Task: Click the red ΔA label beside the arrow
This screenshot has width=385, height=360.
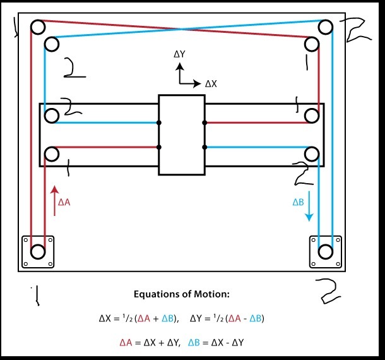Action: click(64, 202)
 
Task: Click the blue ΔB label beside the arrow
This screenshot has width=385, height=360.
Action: click(298, 202)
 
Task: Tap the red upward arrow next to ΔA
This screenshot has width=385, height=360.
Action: click(54, 201)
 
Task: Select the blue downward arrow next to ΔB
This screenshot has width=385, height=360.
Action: click(309, 207)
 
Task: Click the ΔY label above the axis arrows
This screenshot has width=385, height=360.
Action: click(179, 54)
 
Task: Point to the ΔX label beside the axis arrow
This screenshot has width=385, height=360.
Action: click(211, 84)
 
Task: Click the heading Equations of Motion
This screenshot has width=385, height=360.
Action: click(181, 294)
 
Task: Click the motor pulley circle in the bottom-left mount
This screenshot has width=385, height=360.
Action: click(38, 251)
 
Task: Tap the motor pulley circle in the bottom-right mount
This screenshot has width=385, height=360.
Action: click(325, 251)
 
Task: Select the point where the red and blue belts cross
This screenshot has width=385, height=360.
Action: click(182, 29)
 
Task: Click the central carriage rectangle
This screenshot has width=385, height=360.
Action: click(182, 135)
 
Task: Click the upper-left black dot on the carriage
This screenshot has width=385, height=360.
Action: click(159, 123)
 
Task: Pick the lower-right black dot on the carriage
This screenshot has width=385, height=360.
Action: click(204, 147)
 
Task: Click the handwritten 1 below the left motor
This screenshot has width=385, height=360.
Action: click(37, 296)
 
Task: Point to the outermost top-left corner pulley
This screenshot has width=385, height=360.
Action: click(38, 27)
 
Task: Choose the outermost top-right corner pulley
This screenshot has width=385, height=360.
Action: click(325, 27)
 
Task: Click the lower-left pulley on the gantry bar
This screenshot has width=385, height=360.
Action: click(52, 154)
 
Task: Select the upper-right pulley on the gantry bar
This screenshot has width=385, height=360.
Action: click(312, 116)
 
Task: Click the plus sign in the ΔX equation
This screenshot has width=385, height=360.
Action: click(156, 319)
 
